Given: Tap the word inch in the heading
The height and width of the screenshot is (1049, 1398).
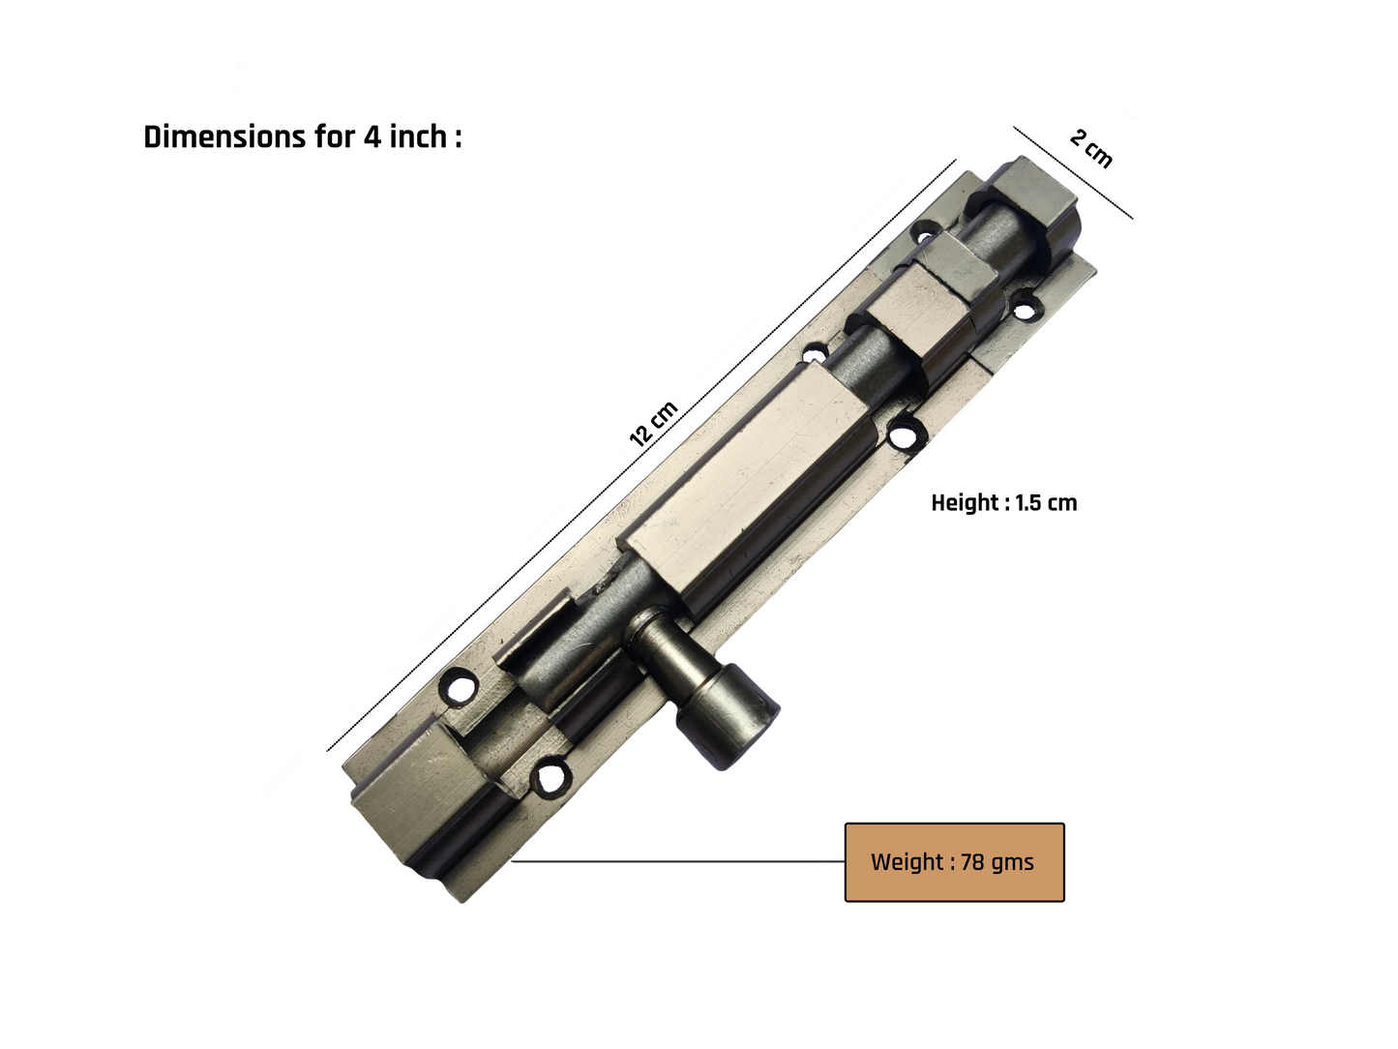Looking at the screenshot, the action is pyautogui.click(x=418, y=136).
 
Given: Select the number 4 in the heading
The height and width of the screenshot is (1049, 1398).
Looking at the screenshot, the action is pyautogui.click(x=372, y=137).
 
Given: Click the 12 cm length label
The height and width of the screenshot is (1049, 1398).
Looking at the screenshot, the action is pyautogui.click(x=653, y=424).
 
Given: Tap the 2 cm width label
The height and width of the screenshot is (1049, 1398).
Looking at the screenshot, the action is pyautogui.click(x=1091, y=149).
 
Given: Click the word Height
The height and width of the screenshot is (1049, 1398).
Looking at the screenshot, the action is pyautogui.click(x=967, y=503).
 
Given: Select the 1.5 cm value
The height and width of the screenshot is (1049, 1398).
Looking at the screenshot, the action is pyautogui.click(x=1046, y=503).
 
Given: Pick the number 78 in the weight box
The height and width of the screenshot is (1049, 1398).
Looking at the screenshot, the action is pyautogui.click(x=972, y=862).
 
